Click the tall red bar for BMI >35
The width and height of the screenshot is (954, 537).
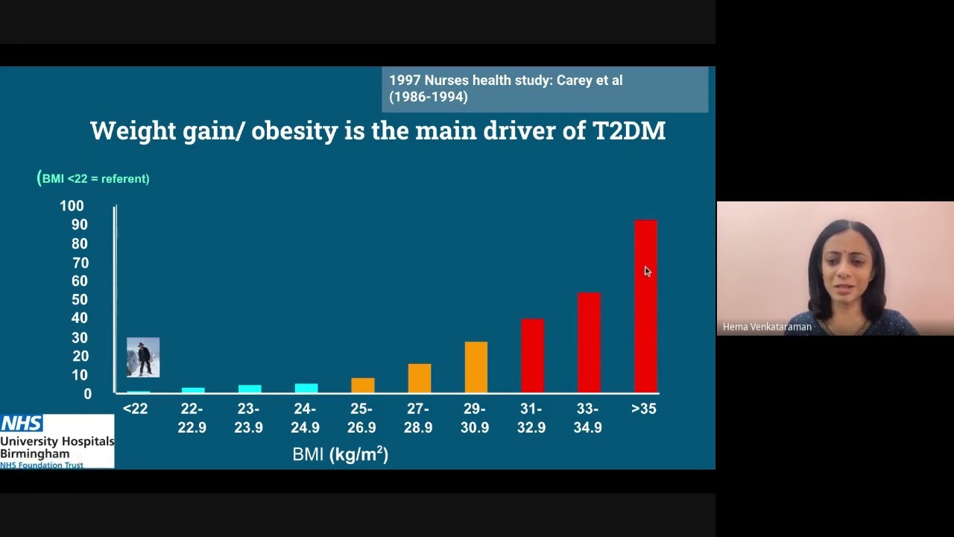(645, 306)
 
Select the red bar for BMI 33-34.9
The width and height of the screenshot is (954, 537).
(589, 342)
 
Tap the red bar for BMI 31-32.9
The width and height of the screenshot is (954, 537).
(532, 355)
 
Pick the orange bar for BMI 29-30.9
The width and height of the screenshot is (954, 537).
(476, 367)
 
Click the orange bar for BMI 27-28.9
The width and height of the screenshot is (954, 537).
(419, 378)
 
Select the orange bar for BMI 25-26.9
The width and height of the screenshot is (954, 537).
(362, 385)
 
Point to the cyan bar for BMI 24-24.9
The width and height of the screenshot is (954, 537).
(306, 388)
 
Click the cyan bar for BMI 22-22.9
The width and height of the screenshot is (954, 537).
(192, 390)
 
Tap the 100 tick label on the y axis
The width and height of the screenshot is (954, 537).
(72, 206)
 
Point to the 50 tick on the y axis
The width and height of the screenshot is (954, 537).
(79, 300)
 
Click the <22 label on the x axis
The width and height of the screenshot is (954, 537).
(135, 409)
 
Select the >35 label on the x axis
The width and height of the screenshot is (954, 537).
(644, 409)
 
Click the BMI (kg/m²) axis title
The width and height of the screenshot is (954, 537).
(340, 454)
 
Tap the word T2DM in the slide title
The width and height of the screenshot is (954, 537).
(628, 131)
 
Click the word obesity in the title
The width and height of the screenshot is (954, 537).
(294, 131)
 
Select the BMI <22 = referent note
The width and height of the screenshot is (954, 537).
(94, 178)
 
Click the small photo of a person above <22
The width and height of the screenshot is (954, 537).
(143, 357)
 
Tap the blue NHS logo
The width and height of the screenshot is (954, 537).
(22, 424)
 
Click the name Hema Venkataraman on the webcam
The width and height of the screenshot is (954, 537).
(767, 327)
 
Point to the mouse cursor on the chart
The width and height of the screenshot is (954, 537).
(647, 271)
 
